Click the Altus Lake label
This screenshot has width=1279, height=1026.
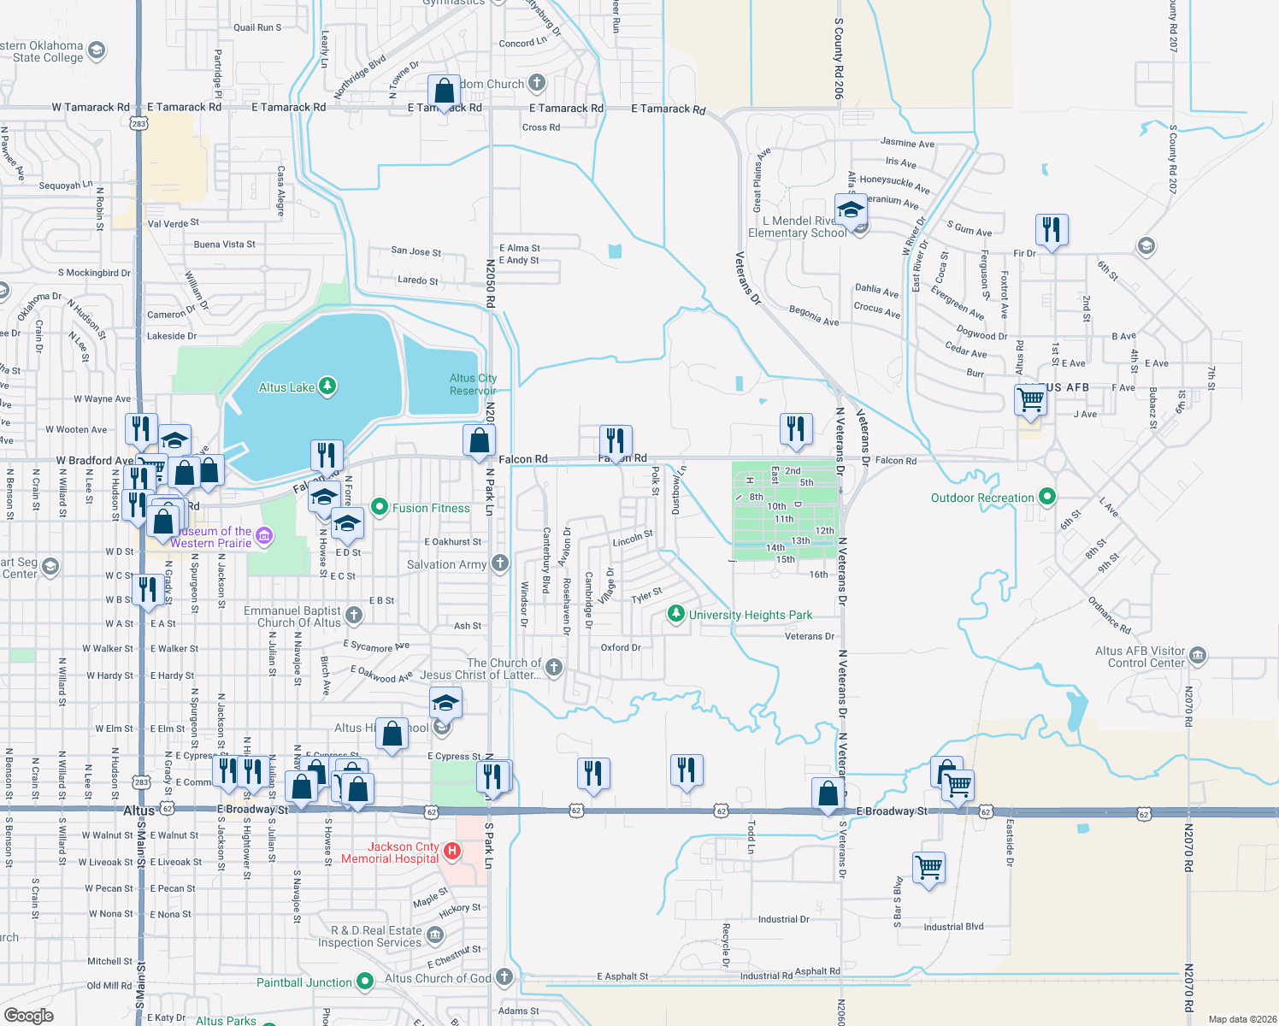pyautogui.click(x=286, y=387)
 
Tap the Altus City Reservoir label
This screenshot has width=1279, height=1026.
pyautogui.click(x=473, y=385)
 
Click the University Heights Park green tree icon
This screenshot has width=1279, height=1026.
pyautogui.click(x=676, y=614)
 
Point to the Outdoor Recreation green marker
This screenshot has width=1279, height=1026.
pyautogui.click(x=1046, y=497)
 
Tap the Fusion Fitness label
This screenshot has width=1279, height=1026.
pyautogui.click(x=431, y=508)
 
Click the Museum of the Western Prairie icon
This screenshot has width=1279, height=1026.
pyautogui.click(x=264, y=536)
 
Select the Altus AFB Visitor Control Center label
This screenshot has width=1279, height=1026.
pyautogui.click(x=1140, y=657)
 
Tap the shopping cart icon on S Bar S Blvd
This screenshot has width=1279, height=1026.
pyautogui.click(x=928, y=868)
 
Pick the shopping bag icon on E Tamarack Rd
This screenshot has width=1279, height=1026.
pyautogui.click(x=444, y=90)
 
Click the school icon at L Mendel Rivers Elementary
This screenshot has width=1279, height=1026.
pyautogui.click(x=851, y=209)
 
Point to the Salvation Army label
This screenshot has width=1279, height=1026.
pyautogui.click(x=446, y=564)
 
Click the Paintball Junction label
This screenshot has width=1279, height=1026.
pyautogui.click(x=304, y=982)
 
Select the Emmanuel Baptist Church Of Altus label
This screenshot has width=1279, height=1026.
pyautogui.click(x=292, y=616)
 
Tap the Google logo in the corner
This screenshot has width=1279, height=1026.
pyautogui.click(x=29, y=1015)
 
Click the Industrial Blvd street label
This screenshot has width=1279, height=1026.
pyautogui.click(x=953, y=927)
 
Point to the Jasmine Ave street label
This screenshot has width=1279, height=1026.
pyautogui.click(x=907, y=143)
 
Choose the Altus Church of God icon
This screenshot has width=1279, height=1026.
pyautogui.click(x=504, y=977)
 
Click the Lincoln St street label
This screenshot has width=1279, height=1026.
pyautogui.click(x=633, y=540)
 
